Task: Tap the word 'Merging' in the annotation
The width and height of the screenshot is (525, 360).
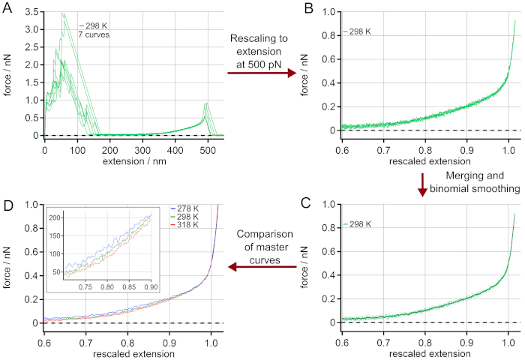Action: pyautogui.click(x=453, y=175)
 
